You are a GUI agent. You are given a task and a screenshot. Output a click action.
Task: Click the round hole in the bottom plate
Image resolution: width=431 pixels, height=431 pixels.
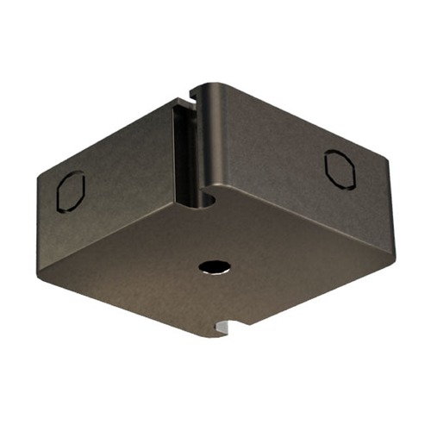point(211,268)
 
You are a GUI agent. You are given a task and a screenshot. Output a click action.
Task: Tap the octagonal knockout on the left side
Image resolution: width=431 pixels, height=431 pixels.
point(69,190)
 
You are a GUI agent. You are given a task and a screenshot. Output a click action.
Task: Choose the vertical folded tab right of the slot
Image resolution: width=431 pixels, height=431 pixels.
point(211,138)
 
